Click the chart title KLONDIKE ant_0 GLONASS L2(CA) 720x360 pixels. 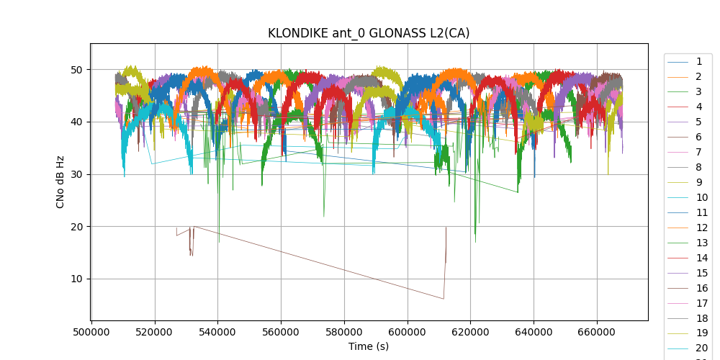(x=369, y=33)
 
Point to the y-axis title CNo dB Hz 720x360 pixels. (x=60, y=182)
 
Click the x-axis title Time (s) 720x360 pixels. (x=369, y=346)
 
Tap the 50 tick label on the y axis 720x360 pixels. (x=76, y=70)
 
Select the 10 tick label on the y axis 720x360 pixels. (x=76, y=279)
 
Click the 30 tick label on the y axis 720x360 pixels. (x=76, y=174)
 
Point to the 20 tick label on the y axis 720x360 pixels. (x=76, y=227)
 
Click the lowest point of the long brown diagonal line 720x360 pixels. (x=444, y=299)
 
